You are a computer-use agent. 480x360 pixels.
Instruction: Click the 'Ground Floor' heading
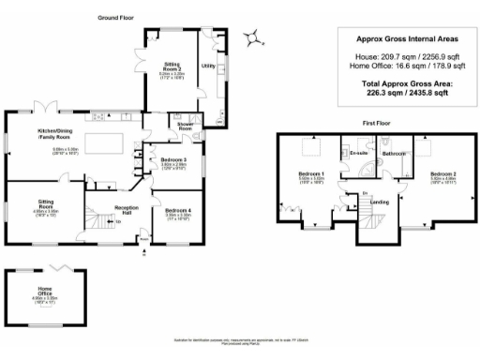point(117,18)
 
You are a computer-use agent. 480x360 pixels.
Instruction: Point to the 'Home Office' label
point(45,292)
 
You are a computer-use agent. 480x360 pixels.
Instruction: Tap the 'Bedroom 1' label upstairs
point(310,174)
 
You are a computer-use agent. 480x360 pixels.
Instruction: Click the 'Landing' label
point(380,202)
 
